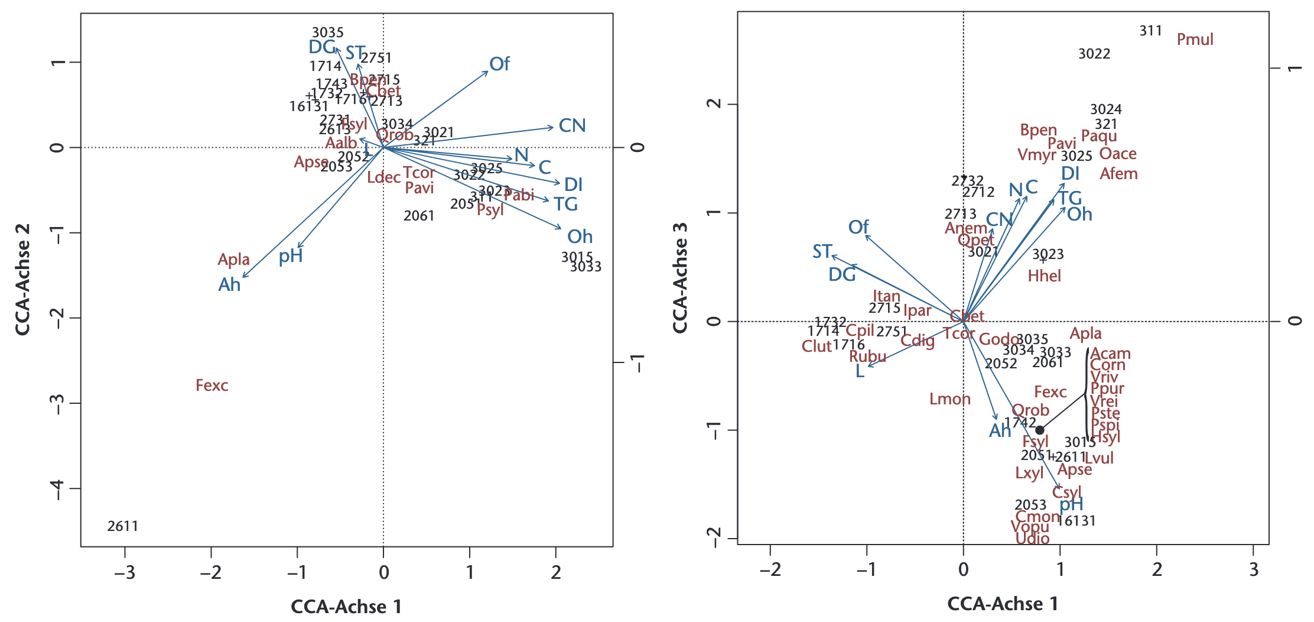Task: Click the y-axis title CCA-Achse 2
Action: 22,279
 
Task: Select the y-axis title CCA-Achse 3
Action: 680,278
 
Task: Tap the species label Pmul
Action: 1195,40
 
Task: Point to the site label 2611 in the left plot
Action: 123,526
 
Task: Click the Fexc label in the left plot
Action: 212,385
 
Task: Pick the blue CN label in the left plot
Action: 572,125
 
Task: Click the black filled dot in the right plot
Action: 1039,430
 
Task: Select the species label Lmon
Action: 949,399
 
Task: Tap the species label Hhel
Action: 1044,276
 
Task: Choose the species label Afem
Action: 1118,174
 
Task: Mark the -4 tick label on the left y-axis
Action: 57,489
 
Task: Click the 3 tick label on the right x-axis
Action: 1254,569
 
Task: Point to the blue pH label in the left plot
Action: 291,256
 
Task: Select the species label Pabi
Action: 519,195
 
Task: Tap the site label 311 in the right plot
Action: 1150,31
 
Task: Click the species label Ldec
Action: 383,177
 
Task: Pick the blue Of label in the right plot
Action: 858,227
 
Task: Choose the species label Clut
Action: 817,346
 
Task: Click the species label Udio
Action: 1032,539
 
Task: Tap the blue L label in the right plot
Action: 860,371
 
